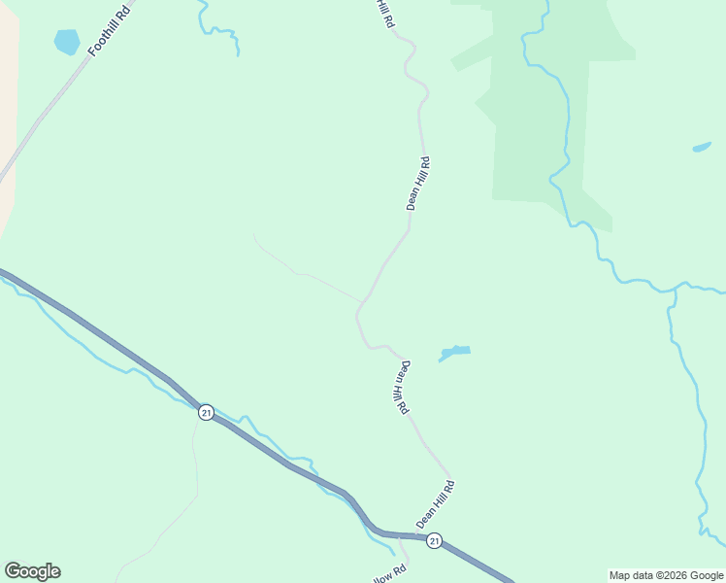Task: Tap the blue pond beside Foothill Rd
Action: (x=66, y=42)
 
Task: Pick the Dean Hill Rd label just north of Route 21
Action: (x=436, y=503)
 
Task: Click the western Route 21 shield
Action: (x=206, y=412)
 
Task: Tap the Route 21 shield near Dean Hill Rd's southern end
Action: (x=435, y=540)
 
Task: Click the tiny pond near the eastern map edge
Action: (x=701, y=148)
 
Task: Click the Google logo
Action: (x=32, y=571)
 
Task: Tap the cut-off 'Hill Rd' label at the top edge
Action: (x=385, y=12)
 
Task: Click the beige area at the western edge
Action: (x=8, y=117)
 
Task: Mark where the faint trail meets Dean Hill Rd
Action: (x=364, y=301)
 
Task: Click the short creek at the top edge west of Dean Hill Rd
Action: (x=218, y=29)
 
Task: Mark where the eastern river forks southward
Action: (x=673, y=291)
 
